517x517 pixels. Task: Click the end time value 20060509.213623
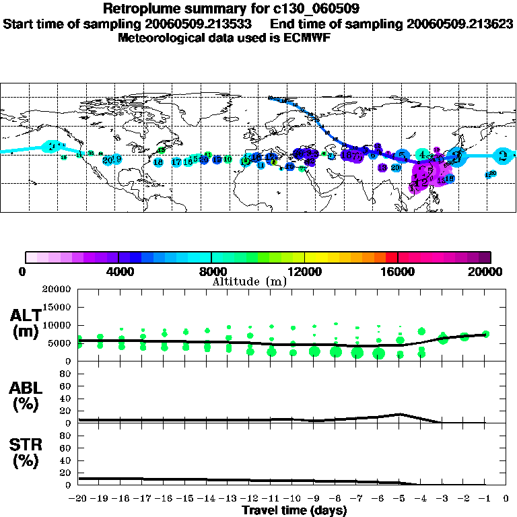[458, 24]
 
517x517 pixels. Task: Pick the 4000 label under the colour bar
[118, 271]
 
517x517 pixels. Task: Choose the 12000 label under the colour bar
[305, 271]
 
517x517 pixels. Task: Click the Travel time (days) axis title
[295, 510]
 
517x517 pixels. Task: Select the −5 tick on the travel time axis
[400, 499]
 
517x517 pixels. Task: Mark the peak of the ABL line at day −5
[400, 414]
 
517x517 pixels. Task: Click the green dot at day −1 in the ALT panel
[486, 334]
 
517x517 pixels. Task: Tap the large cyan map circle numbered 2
[53, 147]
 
